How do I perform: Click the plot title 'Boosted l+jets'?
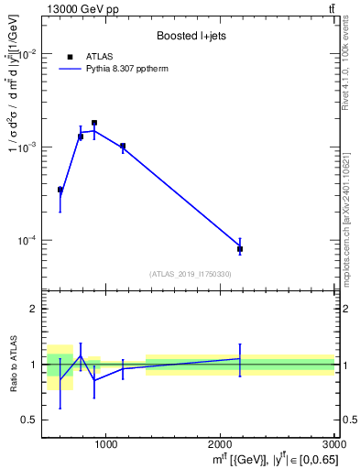191,35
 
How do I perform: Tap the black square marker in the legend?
71,57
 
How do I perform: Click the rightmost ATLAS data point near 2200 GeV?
240,249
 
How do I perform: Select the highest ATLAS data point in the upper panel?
93,123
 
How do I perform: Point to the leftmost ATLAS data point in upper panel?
60,190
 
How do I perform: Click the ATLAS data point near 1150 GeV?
123,146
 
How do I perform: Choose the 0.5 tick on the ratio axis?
29,420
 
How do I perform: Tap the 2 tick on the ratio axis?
33,309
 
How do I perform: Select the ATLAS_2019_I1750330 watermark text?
191,274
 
